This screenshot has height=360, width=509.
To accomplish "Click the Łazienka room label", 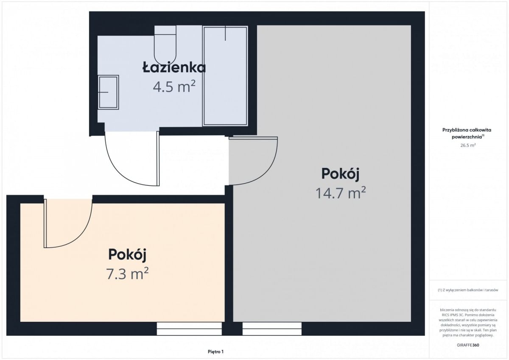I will click(x=174, y=67).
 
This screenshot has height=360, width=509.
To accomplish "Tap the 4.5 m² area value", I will click(x=174, y=87).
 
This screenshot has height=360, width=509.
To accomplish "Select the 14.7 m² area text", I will click(x=340, y=193).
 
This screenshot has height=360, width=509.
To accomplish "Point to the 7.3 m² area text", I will click(x=127, y=273).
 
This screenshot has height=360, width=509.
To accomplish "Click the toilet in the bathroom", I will click(x=165, y=45).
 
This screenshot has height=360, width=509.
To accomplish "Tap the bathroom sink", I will click(x=108, y=92).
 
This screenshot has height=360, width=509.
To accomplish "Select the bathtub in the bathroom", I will click(x=225, y=76).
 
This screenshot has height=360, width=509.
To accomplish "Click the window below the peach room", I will click(x=189, y=329).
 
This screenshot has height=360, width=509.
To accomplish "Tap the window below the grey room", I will click(x=272, y=329).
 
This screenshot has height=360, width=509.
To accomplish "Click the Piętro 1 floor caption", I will click(x=215, y=351).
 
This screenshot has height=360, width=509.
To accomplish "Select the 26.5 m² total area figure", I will click(x=468, y=145).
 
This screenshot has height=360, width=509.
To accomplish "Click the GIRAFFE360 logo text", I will click(x=468, y=345).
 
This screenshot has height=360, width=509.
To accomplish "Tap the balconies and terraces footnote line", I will click(x=468, y=290).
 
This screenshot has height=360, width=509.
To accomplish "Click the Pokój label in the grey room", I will click(x=340, y=174).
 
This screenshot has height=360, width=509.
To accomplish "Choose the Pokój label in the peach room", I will click(x=127, y=254).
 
